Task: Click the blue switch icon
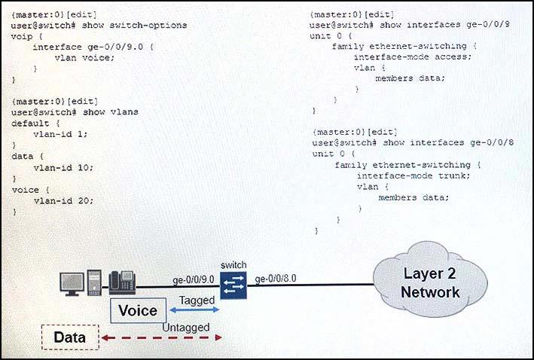233,285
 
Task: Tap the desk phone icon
122,282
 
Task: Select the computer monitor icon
72,284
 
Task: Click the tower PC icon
94,282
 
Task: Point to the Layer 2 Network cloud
430,280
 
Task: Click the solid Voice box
139,310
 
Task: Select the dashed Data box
70,337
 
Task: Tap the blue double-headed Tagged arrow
194,310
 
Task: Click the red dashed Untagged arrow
161,338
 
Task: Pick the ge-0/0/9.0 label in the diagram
194,280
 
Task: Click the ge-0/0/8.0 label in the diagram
276,279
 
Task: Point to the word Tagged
197,301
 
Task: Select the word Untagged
186,328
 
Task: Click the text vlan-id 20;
63,200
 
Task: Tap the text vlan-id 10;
63,167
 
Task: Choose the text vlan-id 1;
60,134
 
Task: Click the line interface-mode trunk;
413,175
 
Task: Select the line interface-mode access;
413,56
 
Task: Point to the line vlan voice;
85,57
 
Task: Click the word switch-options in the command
148,26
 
